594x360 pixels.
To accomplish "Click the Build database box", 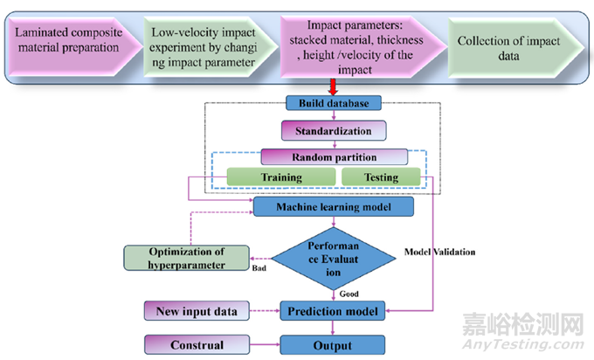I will pos(333,103).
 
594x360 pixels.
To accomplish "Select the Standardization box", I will pos(333,131).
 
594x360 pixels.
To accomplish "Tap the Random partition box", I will pos(333,157).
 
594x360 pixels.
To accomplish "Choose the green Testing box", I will pos(380,177).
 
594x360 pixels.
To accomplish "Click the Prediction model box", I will pos(333,310).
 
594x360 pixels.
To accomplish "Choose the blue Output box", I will pos(333,344).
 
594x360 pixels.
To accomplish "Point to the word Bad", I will pos(259,270).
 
